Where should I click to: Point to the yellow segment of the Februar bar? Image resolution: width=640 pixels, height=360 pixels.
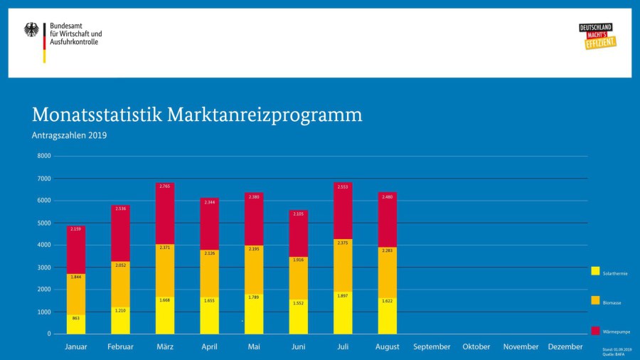tap(121, 320)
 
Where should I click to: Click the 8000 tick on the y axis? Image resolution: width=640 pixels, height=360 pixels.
tap(44, 156)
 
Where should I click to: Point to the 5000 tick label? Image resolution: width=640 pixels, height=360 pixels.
tap(44, 223)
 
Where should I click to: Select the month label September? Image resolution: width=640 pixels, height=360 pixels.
tap(432, 346)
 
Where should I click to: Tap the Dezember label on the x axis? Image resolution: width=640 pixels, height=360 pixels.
tap(565, 346)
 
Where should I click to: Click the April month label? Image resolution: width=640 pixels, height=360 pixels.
tap(209, 346)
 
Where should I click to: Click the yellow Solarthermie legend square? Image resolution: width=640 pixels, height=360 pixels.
tap(595, 271)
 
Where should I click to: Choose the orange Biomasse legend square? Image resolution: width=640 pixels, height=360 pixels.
tap(595, 301)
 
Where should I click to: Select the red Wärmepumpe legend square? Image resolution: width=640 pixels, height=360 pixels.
tap(595, 330)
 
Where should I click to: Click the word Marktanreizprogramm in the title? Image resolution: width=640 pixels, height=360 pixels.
tap(265, 115)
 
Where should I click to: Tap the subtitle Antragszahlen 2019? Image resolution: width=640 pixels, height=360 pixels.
tap(69, 135)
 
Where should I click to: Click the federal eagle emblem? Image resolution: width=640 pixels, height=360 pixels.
tap(32, 30)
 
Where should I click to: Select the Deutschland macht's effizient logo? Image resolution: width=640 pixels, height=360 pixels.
tap(597, 36)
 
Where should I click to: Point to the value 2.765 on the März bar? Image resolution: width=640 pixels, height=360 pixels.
tap(165, 186)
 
